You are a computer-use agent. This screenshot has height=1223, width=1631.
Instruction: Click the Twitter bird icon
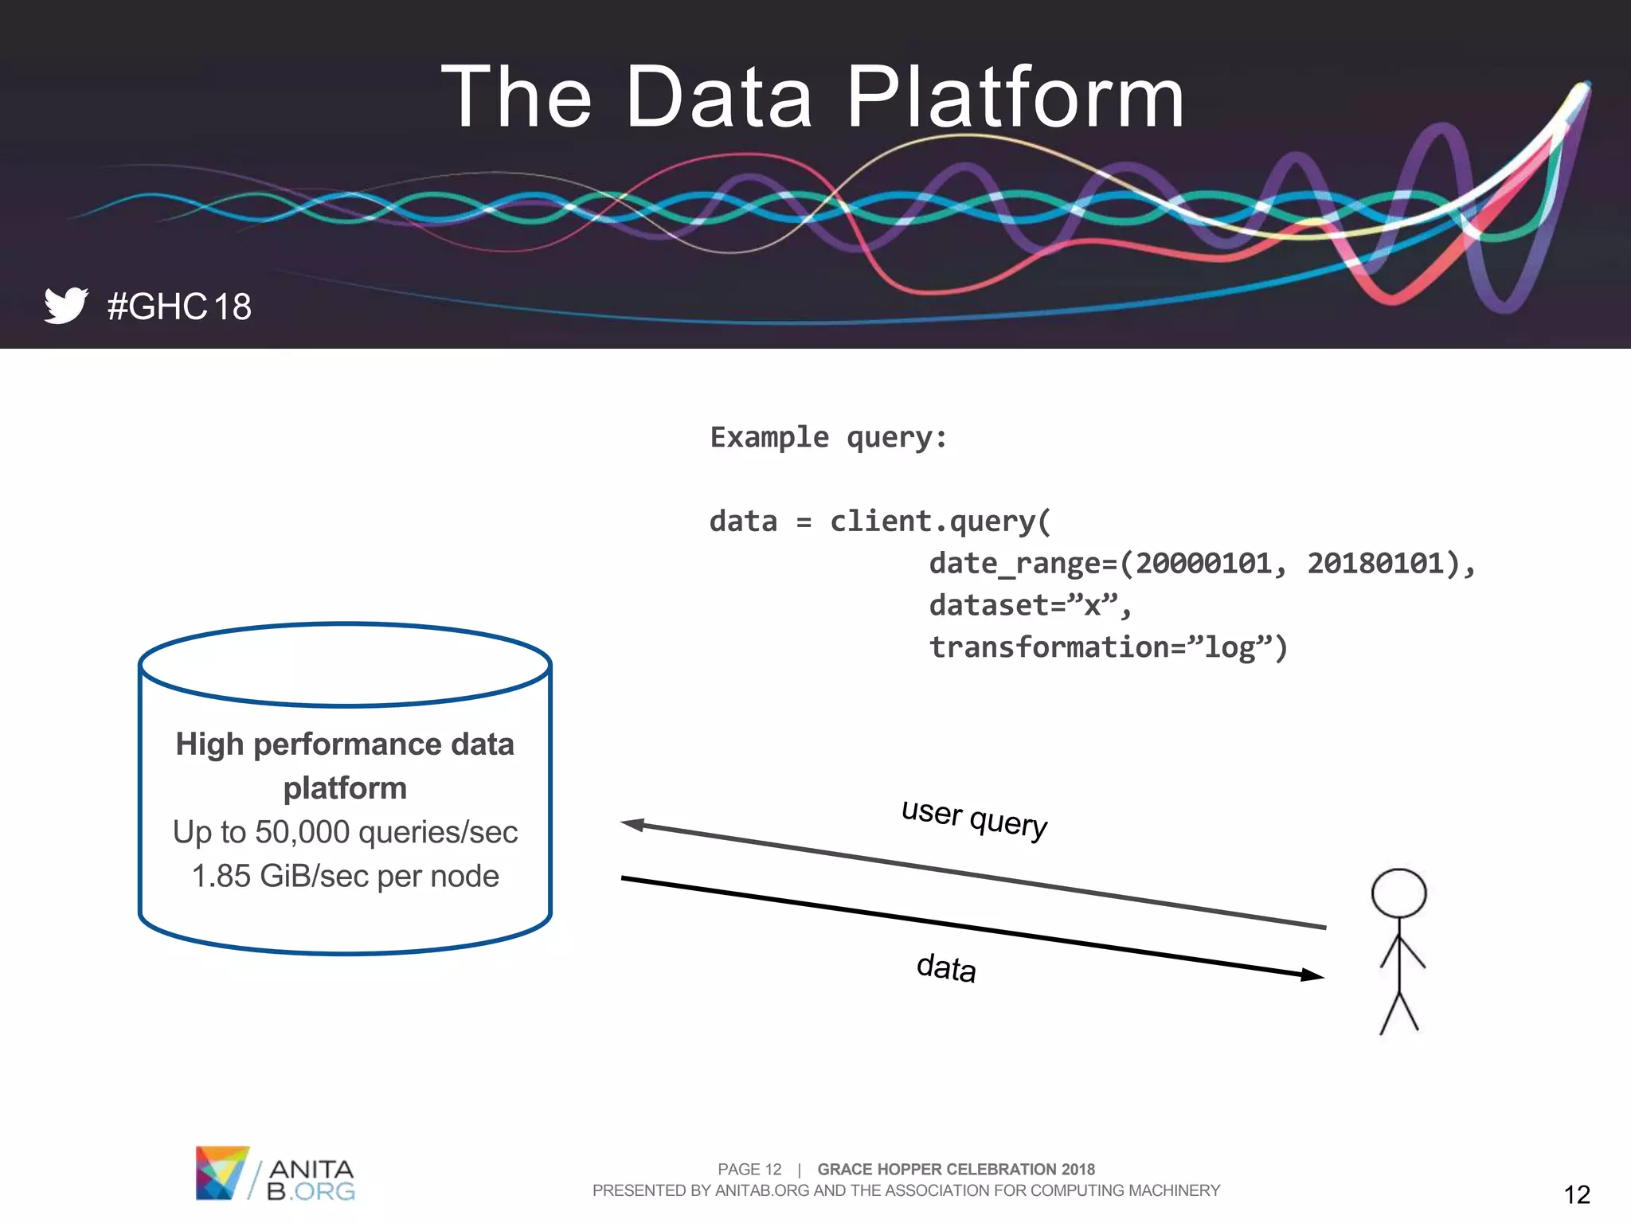point(66,305)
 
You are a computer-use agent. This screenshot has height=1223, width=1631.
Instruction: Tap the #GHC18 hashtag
point(179,307)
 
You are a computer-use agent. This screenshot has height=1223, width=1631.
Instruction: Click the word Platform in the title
point(1015,98)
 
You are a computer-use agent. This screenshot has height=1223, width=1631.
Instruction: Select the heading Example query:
point(828,437)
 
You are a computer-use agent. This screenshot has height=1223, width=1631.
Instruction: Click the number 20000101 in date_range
point(1203,563)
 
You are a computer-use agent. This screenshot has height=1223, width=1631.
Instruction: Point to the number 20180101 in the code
point(1375,563)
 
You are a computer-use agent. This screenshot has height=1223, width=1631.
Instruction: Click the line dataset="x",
point(1030,605)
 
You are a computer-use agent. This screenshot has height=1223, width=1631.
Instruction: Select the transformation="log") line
point(1108,647)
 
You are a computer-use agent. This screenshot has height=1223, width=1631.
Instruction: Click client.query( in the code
point(941,522)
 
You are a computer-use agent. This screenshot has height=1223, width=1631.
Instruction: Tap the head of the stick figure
point(1398,893)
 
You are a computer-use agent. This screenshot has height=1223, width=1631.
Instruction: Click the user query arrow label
point(974,818)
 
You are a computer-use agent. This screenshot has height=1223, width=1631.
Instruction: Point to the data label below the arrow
point(946,967)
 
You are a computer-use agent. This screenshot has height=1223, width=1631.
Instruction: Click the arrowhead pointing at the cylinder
point(633,824)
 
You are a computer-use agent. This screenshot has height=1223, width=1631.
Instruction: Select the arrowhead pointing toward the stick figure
point(1312,975)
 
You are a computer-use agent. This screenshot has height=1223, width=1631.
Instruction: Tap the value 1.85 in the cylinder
point(221,876)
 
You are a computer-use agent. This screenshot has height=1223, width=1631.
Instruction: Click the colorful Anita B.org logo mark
point(221,1172)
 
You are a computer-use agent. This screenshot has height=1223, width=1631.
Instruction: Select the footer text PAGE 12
point(749,1169)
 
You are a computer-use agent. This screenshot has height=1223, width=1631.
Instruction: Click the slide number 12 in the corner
point(1576,1194)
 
